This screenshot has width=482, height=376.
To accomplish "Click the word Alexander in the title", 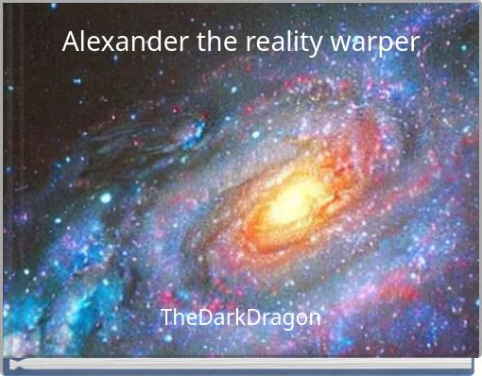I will (117, 43).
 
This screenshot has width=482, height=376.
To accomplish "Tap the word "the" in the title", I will (201, 43).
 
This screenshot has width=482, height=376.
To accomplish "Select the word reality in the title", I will (274, 43).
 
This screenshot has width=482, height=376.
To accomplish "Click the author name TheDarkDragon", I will (240, 317).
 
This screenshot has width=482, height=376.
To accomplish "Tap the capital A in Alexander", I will (72, 43).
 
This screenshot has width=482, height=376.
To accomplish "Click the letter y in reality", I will (315, 46).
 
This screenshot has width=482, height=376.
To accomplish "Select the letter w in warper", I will (340, 44).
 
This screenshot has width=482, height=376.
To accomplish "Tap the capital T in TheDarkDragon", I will (166, 316).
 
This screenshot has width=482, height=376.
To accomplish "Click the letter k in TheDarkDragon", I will (235, 316).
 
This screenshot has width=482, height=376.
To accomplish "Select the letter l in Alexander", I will (84, 42).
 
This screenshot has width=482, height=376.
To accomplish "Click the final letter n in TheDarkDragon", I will (314, 318).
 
